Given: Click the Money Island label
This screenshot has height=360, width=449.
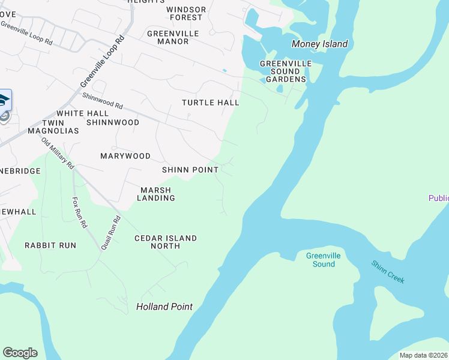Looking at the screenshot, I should [319, 44].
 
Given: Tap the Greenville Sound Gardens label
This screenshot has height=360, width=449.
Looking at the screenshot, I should [286, 71].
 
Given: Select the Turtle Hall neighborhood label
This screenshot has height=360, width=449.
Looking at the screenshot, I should [211, 103].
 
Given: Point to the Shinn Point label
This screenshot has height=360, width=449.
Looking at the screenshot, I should [190, 170].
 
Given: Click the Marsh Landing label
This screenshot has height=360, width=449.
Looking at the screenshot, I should [157, 194].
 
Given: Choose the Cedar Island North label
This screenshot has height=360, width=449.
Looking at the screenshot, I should [165, 242].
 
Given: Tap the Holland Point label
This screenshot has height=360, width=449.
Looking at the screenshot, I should [164, 307].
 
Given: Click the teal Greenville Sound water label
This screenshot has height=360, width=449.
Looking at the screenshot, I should [323, 260].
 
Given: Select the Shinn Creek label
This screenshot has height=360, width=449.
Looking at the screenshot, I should [388, 272].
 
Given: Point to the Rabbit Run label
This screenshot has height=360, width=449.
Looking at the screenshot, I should [50, 245].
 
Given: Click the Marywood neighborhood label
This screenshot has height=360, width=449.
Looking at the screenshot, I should [125, 156].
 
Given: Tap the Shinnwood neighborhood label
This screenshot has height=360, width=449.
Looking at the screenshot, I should [113, 122].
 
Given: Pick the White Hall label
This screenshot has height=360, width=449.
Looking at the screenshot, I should [82, 113].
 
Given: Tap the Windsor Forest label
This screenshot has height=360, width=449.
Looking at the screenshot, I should [186, 13].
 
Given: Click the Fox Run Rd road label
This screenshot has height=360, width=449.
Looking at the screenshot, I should [79, 213].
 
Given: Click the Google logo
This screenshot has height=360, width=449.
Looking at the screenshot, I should [20, 353].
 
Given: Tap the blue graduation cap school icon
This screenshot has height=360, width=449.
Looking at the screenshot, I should [3, 100].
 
